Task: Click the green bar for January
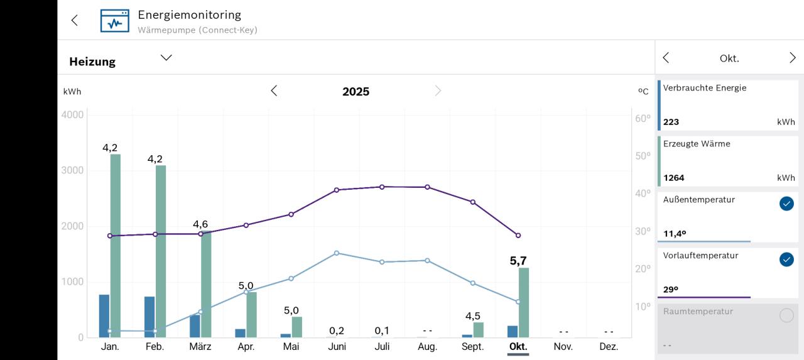coord(116,245)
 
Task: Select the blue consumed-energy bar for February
coord(149,317)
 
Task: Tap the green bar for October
coord(524,302)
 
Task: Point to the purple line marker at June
coord(337,190)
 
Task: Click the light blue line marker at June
coord(337,253)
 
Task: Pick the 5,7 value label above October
coord(518,261)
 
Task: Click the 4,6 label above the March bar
coord(200,224)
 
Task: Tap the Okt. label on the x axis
coord(518,346)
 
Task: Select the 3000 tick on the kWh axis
coord(72,171)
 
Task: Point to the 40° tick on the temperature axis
coord(643,194)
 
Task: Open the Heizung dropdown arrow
coord(166,58)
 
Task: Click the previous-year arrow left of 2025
coord(274,91)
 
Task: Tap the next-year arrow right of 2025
coord(438,91)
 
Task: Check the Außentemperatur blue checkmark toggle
coord(786,204)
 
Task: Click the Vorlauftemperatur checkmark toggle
coord(786,259)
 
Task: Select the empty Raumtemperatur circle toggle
coord(786,315)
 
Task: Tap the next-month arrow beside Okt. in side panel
coord(792,58)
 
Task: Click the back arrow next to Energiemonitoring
coord(75,20)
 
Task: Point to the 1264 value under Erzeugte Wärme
coord(674,178)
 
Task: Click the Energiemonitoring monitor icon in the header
coord(114,21)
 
